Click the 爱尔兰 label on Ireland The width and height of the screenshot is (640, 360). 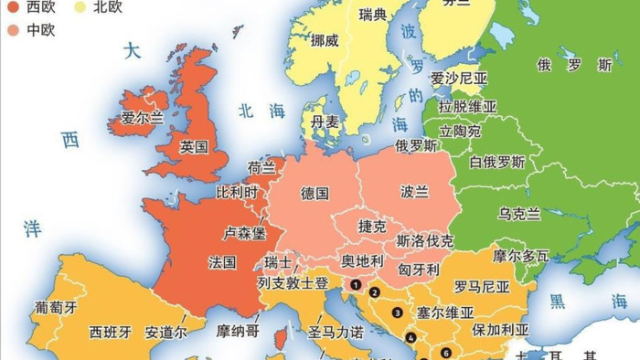tap(142, 118)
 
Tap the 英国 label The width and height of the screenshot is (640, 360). tap(194, 146)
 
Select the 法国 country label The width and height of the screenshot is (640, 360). tap(222, 262)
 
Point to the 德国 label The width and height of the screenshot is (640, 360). tap(315, 193)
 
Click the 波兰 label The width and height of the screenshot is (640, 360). tap(414, 192)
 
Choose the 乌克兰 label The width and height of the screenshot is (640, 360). tap(518, 213)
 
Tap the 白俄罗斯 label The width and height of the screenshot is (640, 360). tap(497, 162)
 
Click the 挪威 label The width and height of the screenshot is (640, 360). tap(325, 41)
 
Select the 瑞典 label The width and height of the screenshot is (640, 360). tap(373, 15)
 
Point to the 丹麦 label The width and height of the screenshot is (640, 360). tap(325, 122)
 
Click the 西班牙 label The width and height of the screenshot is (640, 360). tap(112, 331)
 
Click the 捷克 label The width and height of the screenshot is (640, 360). tap(373, 225)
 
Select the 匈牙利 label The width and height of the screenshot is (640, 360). tap(420, 270)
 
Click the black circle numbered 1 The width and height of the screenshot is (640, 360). tap(354, 284)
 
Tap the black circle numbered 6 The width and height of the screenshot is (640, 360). tap(445, 353)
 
